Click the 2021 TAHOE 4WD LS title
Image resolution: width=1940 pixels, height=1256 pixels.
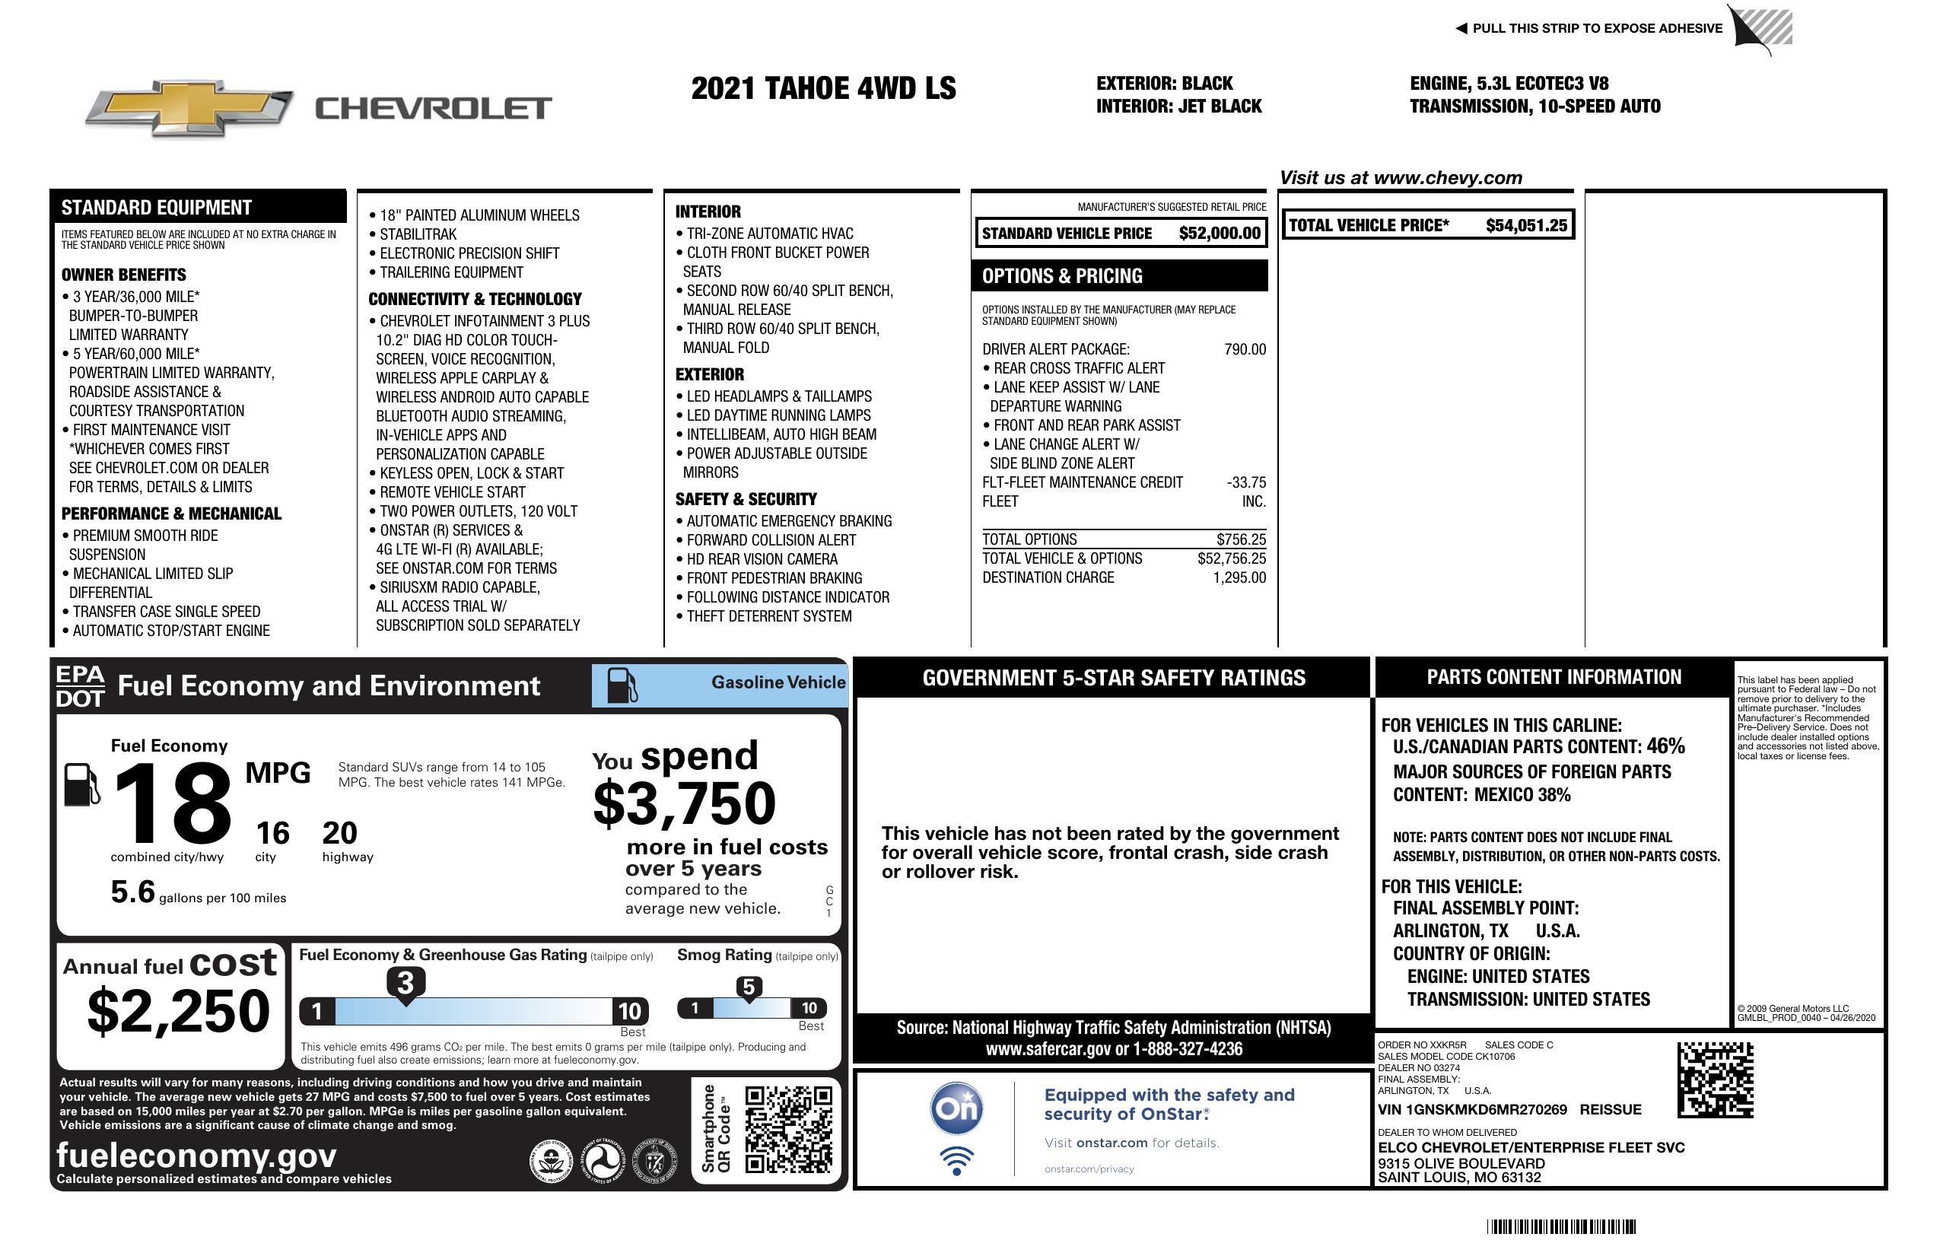(x=823, y=88)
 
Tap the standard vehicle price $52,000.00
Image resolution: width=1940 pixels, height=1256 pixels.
(x=1220, y=233)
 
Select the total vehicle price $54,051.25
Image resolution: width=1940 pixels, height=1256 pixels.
(x=1526, y=225)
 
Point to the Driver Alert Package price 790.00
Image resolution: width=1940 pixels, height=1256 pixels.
(x=1245, y=350)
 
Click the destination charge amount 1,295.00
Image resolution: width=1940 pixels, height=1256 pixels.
(x=1239, y=578)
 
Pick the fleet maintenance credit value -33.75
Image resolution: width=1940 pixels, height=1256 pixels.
(x=1246, y=482)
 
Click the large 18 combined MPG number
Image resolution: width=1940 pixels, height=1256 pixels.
(x=173, y=803)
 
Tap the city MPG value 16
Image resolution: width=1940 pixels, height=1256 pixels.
(x=272, y=833)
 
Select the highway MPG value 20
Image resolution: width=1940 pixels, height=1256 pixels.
(x=339, y=833)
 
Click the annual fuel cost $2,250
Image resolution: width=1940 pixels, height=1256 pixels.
(x=179, y=1011)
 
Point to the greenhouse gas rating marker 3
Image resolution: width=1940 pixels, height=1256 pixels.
(x=405, y=983)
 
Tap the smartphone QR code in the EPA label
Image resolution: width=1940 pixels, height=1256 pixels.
(x=788, y=1129)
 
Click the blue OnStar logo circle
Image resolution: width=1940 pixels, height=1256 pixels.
(x=956, y=1108)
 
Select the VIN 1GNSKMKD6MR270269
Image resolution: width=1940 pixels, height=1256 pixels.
(x=1472, y=1110)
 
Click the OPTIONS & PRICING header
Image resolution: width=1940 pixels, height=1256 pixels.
(x=1062, y=276)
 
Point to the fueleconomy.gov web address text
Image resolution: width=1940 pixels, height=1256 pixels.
(x=196, y=1156)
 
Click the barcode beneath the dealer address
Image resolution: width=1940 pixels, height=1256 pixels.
(x=1560, y=1226)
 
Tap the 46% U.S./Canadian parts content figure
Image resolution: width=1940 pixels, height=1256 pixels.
(x=1665, y=746)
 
